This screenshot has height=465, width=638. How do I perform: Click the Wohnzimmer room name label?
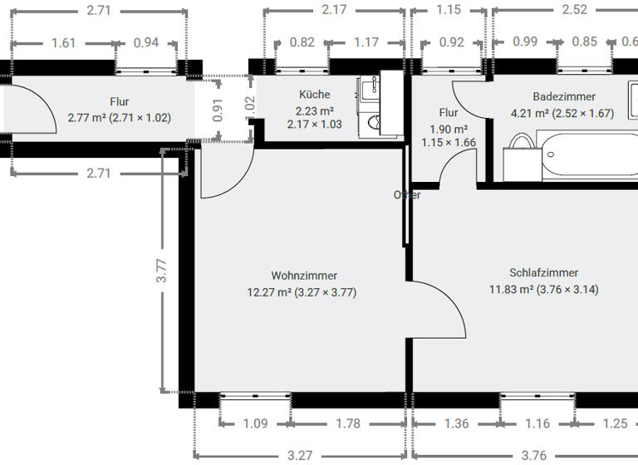click(304, 275)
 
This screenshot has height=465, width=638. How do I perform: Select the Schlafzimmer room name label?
click(543, 272)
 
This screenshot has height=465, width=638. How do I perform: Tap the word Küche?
click(314, 95)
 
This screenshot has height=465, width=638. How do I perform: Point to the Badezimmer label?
click(564, 97)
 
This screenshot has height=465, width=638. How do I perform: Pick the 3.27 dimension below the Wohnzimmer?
click(300, 455)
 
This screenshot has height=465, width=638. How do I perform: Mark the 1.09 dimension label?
click(256, 423)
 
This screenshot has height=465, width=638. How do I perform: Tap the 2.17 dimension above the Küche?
click(334, 11)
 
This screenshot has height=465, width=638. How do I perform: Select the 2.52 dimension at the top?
click(574, 11)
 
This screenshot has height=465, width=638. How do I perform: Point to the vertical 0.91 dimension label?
click(218, 111)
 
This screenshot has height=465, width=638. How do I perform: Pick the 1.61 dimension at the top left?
click(63, 43)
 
